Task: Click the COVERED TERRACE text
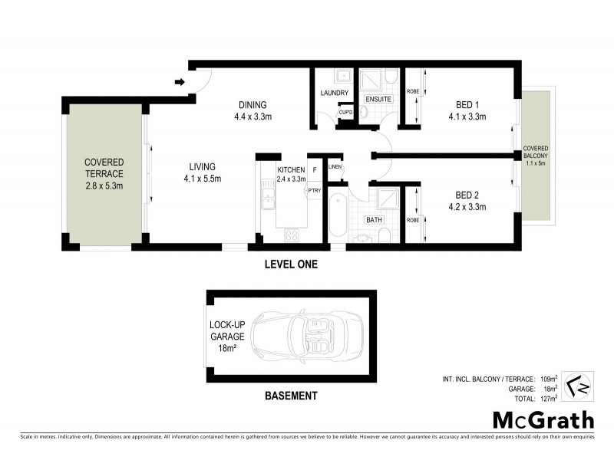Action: [x=104, y=168]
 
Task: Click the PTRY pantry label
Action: [x=314, y=190]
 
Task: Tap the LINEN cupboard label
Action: [x=335, y=166]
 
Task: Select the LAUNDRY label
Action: [x=335, y=94]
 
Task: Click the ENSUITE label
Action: [x=378, y=100]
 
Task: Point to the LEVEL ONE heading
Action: [x=290, y=264]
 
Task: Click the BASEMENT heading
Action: [x=290, y=396]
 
